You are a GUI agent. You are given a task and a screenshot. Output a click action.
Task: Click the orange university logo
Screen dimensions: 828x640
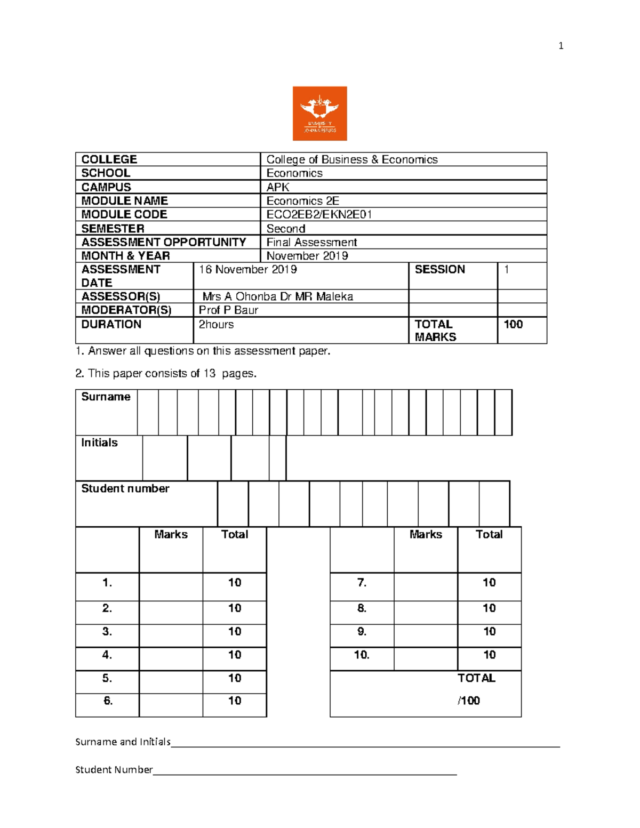(319, 114)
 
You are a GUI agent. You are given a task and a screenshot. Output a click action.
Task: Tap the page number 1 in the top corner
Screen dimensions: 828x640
(561, 46)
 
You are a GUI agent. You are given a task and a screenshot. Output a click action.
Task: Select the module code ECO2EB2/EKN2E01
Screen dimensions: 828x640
(319, 214)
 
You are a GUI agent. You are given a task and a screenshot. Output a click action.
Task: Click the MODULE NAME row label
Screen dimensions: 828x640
(124, 200)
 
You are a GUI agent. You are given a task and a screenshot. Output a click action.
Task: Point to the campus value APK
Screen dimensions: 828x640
(278, 187)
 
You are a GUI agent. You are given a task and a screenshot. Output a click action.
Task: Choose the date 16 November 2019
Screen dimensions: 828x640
(247, 269)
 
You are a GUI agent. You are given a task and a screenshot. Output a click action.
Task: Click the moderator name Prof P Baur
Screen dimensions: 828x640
(228, 310)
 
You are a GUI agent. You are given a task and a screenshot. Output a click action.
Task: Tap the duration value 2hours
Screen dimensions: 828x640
(216, 324)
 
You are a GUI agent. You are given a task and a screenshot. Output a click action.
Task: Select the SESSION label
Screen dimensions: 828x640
(439, 269)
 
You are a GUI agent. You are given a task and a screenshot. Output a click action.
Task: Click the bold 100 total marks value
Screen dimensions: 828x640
(513, 324)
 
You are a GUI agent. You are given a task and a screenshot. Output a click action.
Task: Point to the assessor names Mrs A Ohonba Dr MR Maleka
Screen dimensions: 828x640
(277, 296)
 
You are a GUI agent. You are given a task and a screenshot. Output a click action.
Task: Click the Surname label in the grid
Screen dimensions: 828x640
(106, 397)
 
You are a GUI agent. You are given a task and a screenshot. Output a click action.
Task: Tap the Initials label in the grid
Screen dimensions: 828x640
(99, 443)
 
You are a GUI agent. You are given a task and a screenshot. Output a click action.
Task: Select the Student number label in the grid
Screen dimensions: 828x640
(125, 488)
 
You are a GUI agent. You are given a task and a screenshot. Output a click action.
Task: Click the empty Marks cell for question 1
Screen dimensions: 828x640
(171, 586)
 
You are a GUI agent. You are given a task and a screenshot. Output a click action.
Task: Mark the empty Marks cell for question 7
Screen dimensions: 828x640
(426, 586)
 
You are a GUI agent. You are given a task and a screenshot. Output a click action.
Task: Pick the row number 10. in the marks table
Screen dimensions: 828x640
(362, 655)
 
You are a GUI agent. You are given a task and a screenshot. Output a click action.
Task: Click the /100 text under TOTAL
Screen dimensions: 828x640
(469, 701)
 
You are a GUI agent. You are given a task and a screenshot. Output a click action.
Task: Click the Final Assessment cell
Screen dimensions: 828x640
(311, 242)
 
